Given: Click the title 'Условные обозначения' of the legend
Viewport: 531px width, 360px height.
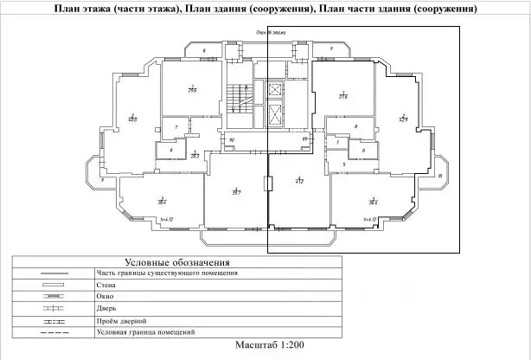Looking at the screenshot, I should [x=176, y=261].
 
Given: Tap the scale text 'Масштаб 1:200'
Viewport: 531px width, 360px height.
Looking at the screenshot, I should [x=268, y=344].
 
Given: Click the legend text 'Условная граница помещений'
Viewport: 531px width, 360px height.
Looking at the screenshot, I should [x=146, y=331].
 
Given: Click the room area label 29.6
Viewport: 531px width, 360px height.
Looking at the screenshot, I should [x=192, y=89].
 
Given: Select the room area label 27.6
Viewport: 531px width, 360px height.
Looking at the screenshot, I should [x=342, y=95].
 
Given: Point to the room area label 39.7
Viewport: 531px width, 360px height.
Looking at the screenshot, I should [x=235, y=191].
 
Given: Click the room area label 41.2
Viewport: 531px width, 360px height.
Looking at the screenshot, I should [x=299, y=182].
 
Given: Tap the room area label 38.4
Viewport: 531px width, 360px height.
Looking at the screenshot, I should [x=162, y=201].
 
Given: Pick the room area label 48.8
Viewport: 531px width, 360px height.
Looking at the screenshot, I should [x=132, y=119].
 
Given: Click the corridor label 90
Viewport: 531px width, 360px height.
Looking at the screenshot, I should [x=232, y=139].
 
